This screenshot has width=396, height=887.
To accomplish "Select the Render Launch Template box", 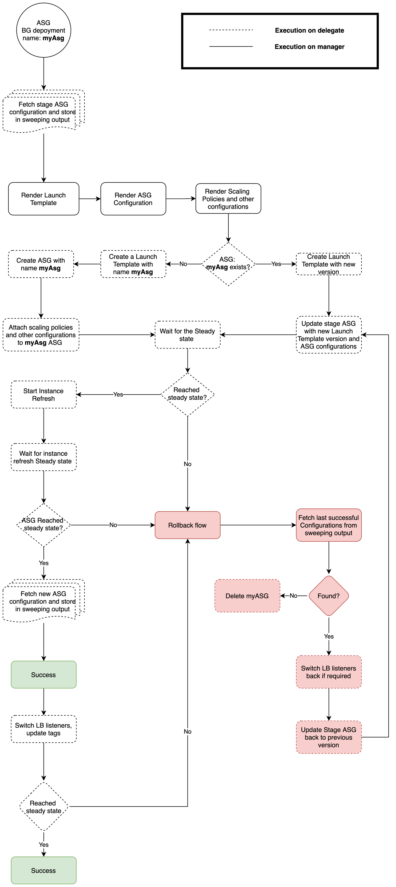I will click(44, 199).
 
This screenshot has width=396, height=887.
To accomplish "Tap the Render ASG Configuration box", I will click(133, 199).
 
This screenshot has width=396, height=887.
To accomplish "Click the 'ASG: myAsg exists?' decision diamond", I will click(228, 264).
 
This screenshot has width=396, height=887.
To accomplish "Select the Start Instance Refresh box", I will click(44, 394).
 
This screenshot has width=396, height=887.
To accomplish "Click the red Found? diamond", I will click(329, 596).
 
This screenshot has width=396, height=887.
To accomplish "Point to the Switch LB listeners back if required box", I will click(329, 672).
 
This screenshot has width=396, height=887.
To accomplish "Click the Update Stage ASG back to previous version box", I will click(329, 737).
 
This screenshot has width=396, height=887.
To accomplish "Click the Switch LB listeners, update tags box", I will click(44, 729).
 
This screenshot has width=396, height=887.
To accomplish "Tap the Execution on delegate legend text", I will click(309, 30).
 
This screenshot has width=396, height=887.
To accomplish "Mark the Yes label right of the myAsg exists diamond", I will click(276, 264).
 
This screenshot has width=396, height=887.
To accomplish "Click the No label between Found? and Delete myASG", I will click(293, 596).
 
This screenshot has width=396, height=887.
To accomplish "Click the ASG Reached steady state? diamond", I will click(44, 525).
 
